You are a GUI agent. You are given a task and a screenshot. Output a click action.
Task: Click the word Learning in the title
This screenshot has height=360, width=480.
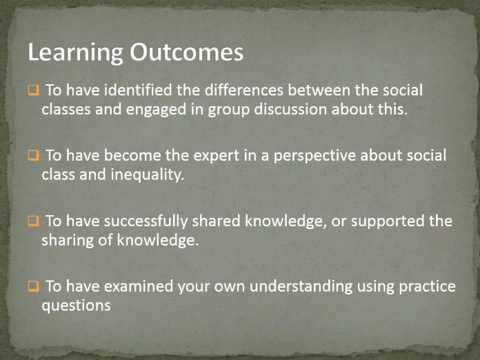point(76,53)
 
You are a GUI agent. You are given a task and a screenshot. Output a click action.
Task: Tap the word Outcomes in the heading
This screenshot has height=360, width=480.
point(186,52)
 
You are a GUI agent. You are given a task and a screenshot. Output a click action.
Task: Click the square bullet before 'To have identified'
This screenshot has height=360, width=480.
point(34,90)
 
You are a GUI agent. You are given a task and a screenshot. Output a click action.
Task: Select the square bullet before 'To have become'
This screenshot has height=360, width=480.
point(34,155)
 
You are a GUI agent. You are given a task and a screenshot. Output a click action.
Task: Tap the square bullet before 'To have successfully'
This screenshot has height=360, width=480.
point(34,221)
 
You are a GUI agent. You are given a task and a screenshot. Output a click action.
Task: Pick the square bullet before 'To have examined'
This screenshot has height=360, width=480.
point(34,286)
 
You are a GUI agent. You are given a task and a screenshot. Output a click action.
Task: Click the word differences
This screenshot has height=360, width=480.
point(244,90)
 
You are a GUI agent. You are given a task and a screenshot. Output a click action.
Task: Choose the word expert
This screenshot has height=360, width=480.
point(216,156)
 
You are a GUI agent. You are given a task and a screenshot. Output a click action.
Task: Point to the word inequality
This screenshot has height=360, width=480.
point(148,175)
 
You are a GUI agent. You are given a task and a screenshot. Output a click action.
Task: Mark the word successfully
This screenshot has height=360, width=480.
point(146,221)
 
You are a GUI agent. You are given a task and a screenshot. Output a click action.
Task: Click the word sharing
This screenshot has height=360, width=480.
point(68,241)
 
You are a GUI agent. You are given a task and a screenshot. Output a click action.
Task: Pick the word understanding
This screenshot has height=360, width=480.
point(301,287)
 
